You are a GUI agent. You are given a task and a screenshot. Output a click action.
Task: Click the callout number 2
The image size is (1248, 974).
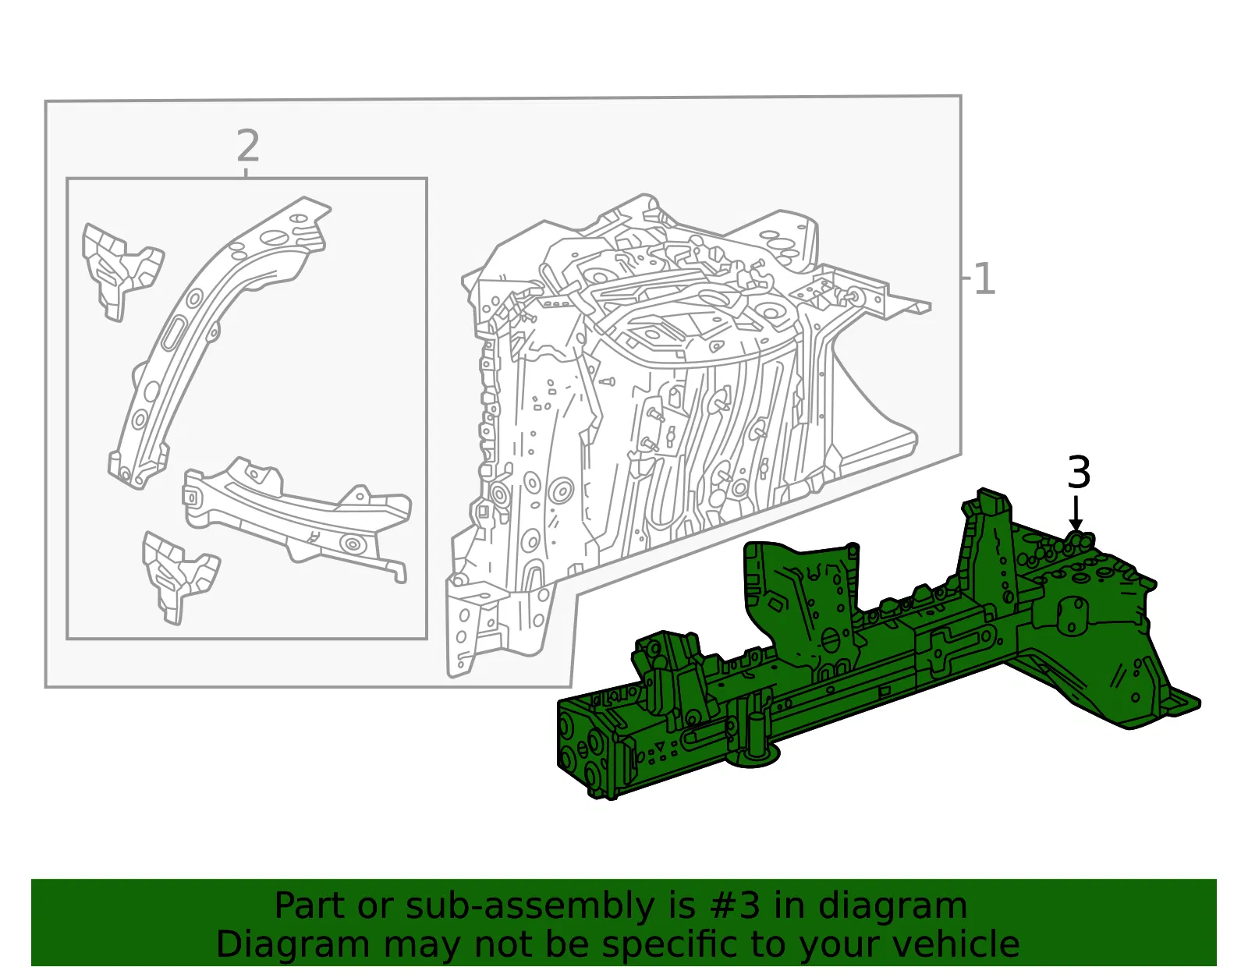248,146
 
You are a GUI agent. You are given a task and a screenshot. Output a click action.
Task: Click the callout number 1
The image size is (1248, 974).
985,278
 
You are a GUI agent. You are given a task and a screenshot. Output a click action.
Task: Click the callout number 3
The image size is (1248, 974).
1079,473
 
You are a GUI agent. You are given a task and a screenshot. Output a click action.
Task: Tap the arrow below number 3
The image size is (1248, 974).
1076,514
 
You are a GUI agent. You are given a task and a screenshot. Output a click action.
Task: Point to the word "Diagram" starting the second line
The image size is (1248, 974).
292,944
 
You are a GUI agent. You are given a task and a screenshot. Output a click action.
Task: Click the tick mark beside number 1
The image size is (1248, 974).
966,278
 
